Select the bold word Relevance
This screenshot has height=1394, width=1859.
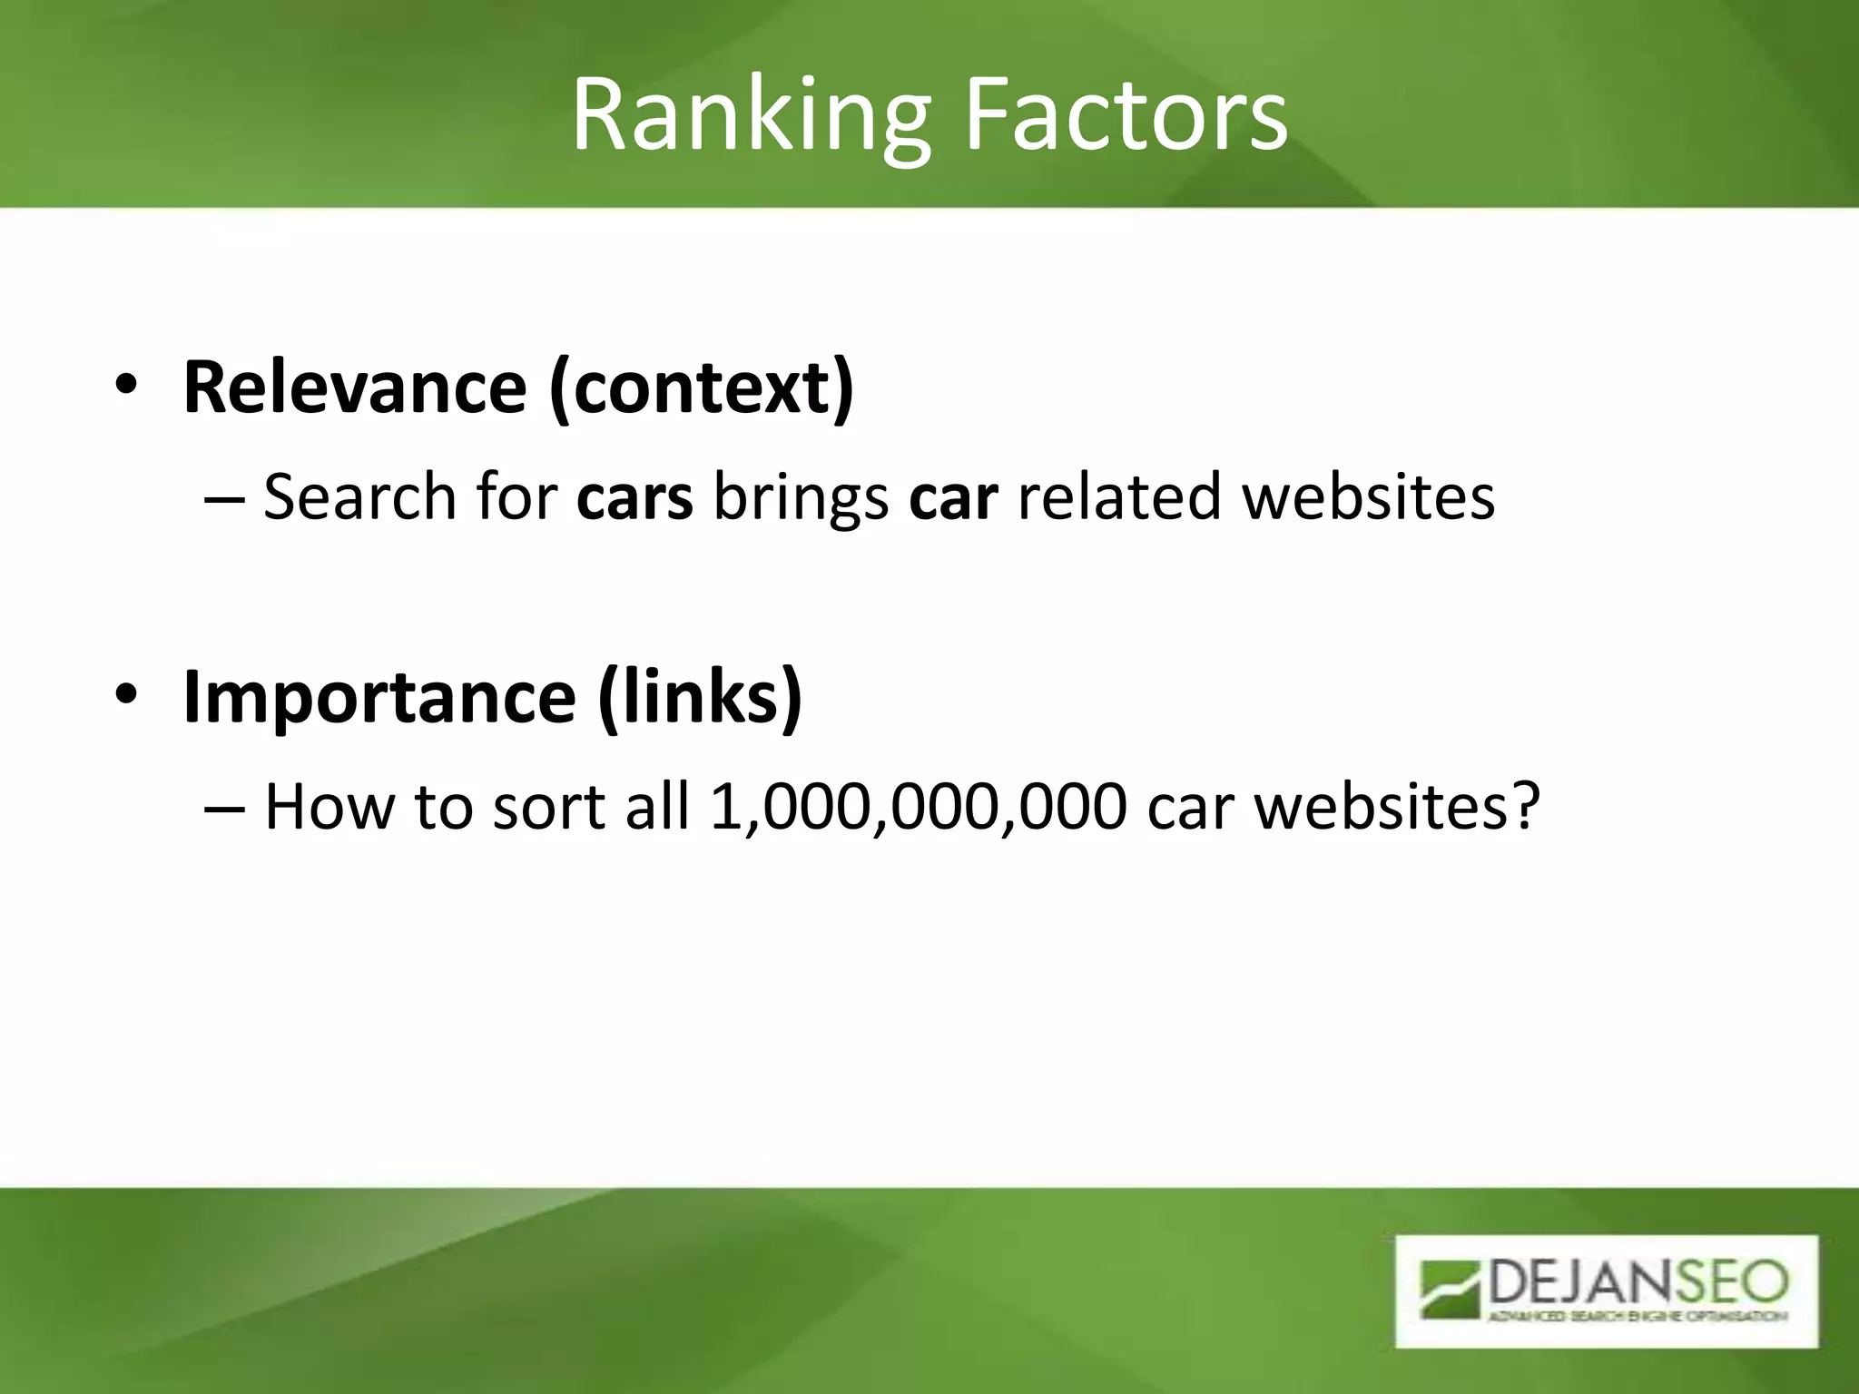tap(354, 388)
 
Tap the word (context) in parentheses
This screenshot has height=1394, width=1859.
tap(702, 389)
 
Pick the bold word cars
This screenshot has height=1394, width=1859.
tap(634, 498)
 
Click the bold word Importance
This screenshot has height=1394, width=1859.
tap(379, 697)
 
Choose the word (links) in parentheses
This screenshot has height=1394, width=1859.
tap(700, 697)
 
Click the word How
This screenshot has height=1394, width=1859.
tap(330, 806)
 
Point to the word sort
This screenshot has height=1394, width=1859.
tap(548, 806)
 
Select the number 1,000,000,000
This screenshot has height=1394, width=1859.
tap(918, 806)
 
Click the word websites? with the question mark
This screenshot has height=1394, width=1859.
tap(1397, 806)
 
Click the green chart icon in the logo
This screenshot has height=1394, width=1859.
tap(1451, 1288)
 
